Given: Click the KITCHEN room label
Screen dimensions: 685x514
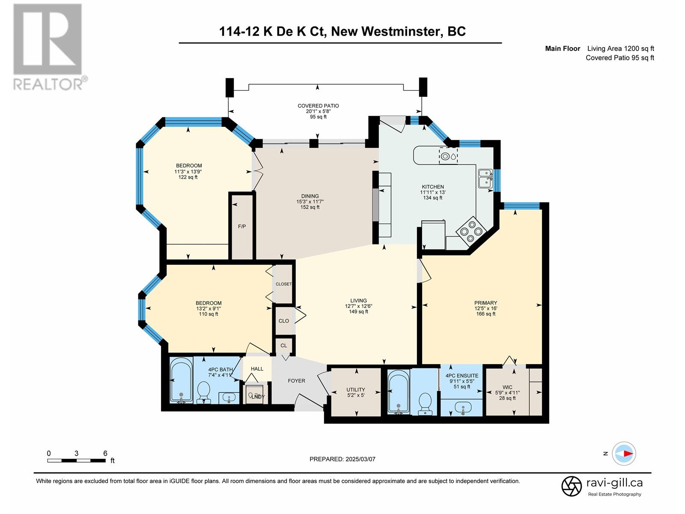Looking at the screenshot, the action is [432, 187].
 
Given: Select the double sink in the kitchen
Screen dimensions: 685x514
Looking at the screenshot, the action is [485, 178].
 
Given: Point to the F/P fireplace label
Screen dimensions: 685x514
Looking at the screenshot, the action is [242, 226].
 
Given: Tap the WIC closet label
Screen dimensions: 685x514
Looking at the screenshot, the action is [507, 387].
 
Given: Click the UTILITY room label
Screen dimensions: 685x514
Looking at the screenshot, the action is [355, 389].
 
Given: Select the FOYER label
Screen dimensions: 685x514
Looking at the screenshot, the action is [296, 381].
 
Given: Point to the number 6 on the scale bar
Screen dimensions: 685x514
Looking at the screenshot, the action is [105, 453].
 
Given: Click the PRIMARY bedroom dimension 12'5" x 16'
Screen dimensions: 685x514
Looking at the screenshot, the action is [485, 308].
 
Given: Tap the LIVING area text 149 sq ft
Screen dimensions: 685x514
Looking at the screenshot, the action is [358, 311].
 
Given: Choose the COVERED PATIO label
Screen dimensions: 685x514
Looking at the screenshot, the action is [318, 106].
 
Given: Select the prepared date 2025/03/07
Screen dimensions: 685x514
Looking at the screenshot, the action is [360, 459].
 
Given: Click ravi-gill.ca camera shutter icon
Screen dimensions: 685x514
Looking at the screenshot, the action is [572, 486].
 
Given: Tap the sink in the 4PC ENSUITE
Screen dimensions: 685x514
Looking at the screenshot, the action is [462, 408].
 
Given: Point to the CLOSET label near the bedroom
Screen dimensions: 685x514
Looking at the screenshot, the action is [284, 284].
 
